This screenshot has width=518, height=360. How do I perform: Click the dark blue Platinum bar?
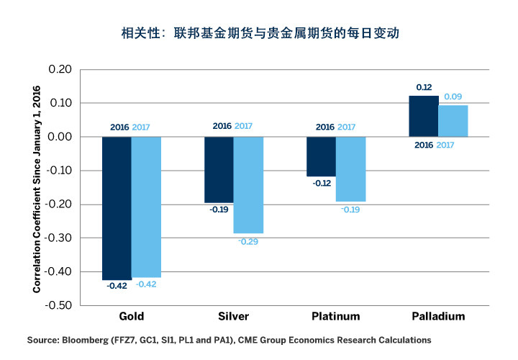[x=321, y=156]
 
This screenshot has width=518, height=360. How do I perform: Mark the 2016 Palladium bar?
[x=423, y=116]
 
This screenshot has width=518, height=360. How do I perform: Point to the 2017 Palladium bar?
[x=453, y=121]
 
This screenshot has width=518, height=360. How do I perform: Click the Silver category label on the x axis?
[x=233, y=317]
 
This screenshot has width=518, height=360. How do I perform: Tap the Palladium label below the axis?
[x=438, y=317]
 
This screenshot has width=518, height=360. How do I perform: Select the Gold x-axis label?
[x=131, y=317]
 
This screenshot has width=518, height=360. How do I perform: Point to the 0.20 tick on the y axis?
[x=60, y=70]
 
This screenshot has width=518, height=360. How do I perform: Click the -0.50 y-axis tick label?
[x=58, y=305]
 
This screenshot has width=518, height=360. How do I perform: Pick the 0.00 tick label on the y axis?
[x=60, y=137]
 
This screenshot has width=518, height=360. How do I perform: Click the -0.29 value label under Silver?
[x=248, y=241]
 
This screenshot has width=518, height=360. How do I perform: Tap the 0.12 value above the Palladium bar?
[x=423, y=88]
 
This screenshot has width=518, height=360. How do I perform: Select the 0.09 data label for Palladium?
[x=453, y=97]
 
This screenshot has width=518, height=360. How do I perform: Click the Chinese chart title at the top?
[x=259, y=34]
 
